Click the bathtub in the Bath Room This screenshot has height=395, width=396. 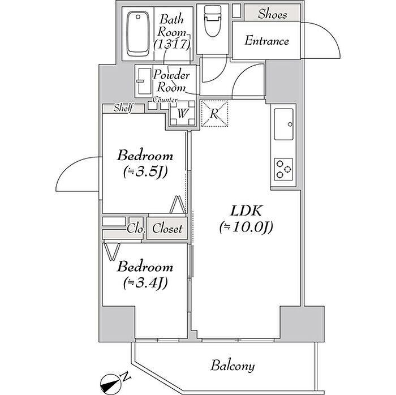click(x=137, y=34)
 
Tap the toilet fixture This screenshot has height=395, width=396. click(x=213, y=22)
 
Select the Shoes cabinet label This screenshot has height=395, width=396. click(x=272, y=14)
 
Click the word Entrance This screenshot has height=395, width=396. click(x=266, y=41)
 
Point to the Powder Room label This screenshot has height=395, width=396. click(x=171, y=81)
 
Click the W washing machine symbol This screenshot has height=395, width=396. click(x=182, y=113)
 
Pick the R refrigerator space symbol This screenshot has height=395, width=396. click(x=214, y=113)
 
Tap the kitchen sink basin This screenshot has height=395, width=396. click(x=284, y=124)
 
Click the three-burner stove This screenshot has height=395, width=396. click(x=283, y=169)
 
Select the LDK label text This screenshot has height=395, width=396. click(x=246, y=211)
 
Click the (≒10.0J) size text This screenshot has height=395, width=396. click(x=246, y=227)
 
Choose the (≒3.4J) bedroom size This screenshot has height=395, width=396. click(x=145, y=283)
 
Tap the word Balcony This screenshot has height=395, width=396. click(x=233, y=366)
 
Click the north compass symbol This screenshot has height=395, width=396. click(x=110, y=381)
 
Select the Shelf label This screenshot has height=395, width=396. click(x=123, y=108)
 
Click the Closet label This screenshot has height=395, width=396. click(x=167, y=229)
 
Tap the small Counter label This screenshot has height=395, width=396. click(x=165, y=100)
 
